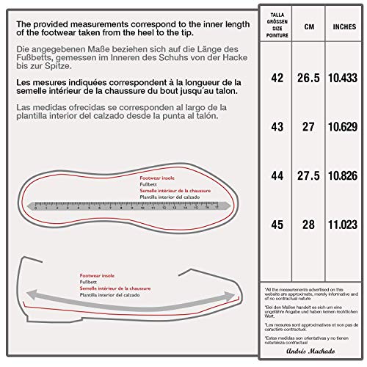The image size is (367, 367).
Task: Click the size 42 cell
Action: click(277, 78)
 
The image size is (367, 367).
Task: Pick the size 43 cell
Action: click(277, 127)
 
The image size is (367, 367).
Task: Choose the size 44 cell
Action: click(277, 176)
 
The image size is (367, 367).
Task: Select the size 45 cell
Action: click(277, 224)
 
